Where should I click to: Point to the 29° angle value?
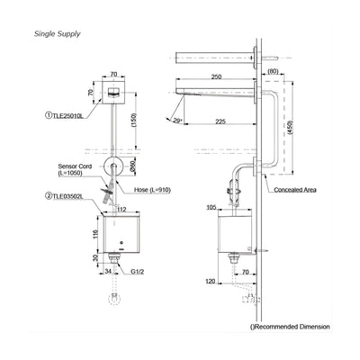pyautogui.click(x=179, y=119)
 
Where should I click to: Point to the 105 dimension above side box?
pyautogui.click(x=212, y=208)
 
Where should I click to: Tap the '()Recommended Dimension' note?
pyautogui.click(x=290, y=327)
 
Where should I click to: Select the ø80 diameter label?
pyautogui.click(x=131, y=166)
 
